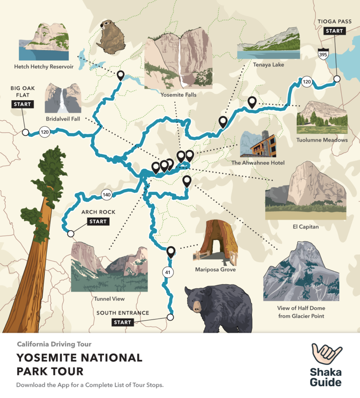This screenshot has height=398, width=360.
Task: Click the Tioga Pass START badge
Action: tap(334, 31)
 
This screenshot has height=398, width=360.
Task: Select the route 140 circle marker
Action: tap(107, 194)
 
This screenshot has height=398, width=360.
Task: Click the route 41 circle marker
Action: tap(168, 272)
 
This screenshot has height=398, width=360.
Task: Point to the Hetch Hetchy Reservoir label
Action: tap(44, 66)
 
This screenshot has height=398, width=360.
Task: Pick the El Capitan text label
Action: tap(306, 227)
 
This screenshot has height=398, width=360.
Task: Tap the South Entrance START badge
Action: tap(123, 322)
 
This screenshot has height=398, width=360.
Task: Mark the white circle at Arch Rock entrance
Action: tap(71, 234)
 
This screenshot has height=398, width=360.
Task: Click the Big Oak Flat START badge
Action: tap(22, 104)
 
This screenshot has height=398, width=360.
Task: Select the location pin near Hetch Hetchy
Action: tap(121, 75)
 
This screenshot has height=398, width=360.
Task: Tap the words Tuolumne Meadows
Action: tap(322, 140)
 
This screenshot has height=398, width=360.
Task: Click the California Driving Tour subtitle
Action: tap(54, 344)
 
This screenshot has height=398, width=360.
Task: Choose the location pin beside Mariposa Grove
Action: tap(170, 252)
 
